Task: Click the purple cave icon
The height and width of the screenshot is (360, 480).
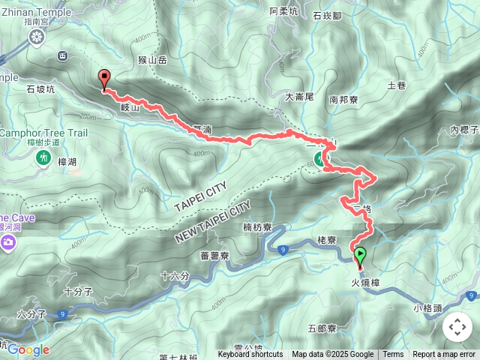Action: click(8, 241)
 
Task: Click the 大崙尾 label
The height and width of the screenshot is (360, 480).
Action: click(299, 97)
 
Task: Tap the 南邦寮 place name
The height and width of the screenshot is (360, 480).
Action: click(343, 98)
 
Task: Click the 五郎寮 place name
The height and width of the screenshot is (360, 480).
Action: click(323, 328)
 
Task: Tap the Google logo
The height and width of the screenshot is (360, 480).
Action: click(28, 349)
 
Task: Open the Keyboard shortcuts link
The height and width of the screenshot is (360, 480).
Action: click(250, 355)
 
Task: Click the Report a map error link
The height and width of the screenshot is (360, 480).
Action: click(445, 355)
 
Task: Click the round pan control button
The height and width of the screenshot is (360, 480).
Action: click(457, 327)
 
